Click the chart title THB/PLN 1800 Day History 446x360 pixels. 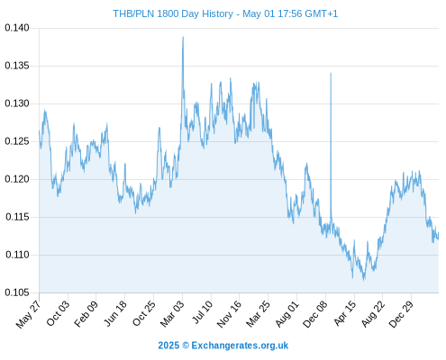173,13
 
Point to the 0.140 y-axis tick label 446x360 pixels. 17,28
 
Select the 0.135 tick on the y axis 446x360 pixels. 17,66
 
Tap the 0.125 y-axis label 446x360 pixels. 17,141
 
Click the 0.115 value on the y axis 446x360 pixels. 17,217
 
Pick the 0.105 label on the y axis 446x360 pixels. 17,292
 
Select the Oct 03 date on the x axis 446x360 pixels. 58,313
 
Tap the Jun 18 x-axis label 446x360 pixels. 115,313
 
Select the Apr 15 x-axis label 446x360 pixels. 345,313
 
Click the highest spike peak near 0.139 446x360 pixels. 183,37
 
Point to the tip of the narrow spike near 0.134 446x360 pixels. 331,73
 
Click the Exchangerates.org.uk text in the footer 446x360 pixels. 240,346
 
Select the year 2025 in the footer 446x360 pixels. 168,346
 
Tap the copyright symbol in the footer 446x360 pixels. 186,346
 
